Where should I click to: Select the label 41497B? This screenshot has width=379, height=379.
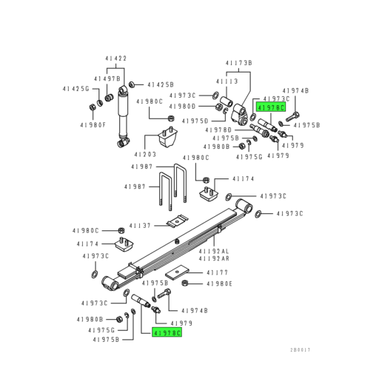click(x=107, y=78)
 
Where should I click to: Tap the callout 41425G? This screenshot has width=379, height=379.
click(x=75, y=89)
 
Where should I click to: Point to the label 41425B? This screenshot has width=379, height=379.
click(x=160, y=84)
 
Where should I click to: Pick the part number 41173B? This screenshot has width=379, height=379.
click(x=239, y=64)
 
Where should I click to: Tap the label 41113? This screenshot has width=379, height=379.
click(x=226, y=81)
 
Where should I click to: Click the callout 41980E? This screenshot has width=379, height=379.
click(x=220, y=284)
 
